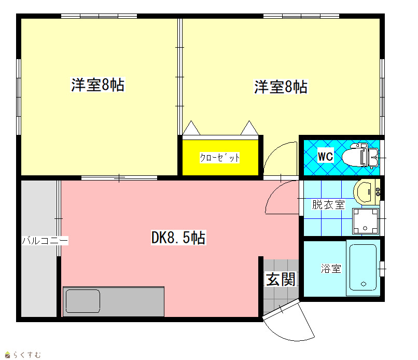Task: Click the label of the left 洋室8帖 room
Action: [97, 85]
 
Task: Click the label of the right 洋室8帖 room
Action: [281, 87]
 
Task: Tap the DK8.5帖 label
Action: [178, 238]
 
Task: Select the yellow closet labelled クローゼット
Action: [220, 158]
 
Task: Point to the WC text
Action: [326, 156]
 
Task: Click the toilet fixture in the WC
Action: [360, 156]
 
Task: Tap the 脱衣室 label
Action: [328, 204]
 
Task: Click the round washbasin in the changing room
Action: [364, 192]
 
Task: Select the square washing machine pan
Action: [366, 221]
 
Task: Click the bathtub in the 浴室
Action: [363, 268]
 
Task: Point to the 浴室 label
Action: [331, 268]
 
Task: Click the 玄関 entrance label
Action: [281, 279]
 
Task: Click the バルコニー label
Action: [45, 241]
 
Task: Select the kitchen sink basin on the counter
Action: [83, 301]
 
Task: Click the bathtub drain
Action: [364, 284]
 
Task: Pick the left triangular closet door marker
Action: [191, 128]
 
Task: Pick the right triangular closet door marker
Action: [249, 128]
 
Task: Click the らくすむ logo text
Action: [27, 355]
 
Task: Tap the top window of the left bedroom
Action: [99, 16]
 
